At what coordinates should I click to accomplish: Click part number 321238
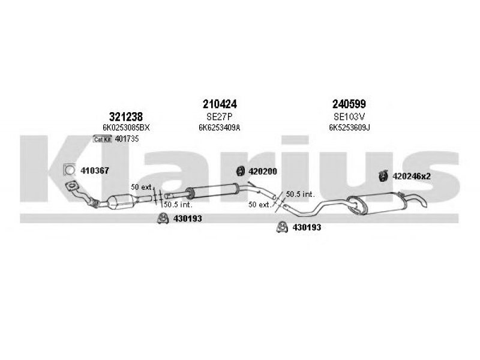point(126,116)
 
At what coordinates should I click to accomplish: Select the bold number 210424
point(220,104)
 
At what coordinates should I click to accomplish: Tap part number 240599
point(349,104)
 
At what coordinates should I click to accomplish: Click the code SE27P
point(220,116)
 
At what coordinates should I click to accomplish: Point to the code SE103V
point(349,116)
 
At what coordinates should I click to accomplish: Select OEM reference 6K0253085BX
point(126,128)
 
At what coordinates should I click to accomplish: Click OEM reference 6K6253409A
point(219,128)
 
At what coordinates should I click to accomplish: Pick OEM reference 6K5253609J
point(349,128)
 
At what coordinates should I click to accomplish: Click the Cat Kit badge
point(103,139)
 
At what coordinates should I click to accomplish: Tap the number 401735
point(127,139)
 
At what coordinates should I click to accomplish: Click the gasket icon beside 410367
point(69,170)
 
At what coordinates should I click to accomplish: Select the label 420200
point(263,172)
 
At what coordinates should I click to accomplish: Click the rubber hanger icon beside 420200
point(241,171)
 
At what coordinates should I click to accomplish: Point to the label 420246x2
point(412,176)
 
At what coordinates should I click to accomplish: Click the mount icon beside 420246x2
point(383,176)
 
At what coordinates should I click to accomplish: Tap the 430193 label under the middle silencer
point(187,218)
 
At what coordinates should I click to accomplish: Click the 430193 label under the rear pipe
point(307,227)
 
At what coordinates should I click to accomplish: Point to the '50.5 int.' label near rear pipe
point(301,194)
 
